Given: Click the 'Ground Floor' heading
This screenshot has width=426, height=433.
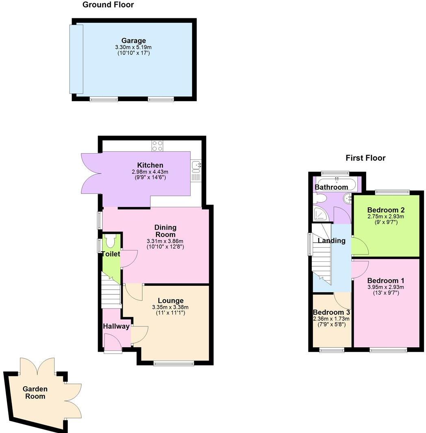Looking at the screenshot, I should pyautogui.click(x=108, y=5).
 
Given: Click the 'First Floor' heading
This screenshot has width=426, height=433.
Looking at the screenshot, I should pyautogui.click(x=365, y=158).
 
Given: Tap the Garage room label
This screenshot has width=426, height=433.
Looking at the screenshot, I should pyautogui.click(x=133, y=41).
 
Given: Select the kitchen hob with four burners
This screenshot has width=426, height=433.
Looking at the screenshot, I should pyautogui.click(x=157, y=146).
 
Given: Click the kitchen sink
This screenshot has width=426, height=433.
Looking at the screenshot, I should pyautogui.click(x=196, y=165).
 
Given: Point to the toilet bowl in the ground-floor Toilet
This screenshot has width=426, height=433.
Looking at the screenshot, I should pyautogui.click(x=110, y=242).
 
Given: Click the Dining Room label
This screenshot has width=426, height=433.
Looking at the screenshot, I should pyautogui.click(x=165, y=231).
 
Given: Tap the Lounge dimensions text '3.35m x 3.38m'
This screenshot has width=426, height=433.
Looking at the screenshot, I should pyautogui.click(x=170, y=307).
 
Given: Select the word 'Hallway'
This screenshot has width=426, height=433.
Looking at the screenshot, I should pyautogui.click(x=116, y=326).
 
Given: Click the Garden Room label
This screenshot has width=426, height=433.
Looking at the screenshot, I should pyautogui.click(x=35, y=393).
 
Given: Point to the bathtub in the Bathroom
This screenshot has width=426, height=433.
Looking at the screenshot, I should pyautogui.click(x=336, y=185).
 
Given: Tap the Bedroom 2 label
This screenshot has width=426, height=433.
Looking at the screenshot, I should pyautogui.click(x=386, y=210).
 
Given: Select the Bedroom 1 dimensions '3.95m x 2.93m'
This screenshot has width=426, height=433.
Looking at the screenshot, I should pyautogui.click(x=386, y=287).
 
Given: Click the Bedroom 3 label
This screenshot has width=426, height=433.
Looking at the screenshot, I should pyautogui.click(x=331, y=312).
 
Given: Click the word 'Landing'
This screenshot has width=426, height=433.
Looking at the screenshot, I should pyautogui.click(x=331, y=240).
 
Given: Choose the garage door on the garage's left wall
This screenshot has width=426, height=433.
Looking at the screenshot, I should pyautogui.click(x=76, y=59).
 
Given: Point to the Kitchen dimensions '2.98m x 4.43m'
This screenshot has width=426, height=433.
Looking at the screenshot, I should pyautogui.click(x=150, y=172).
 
